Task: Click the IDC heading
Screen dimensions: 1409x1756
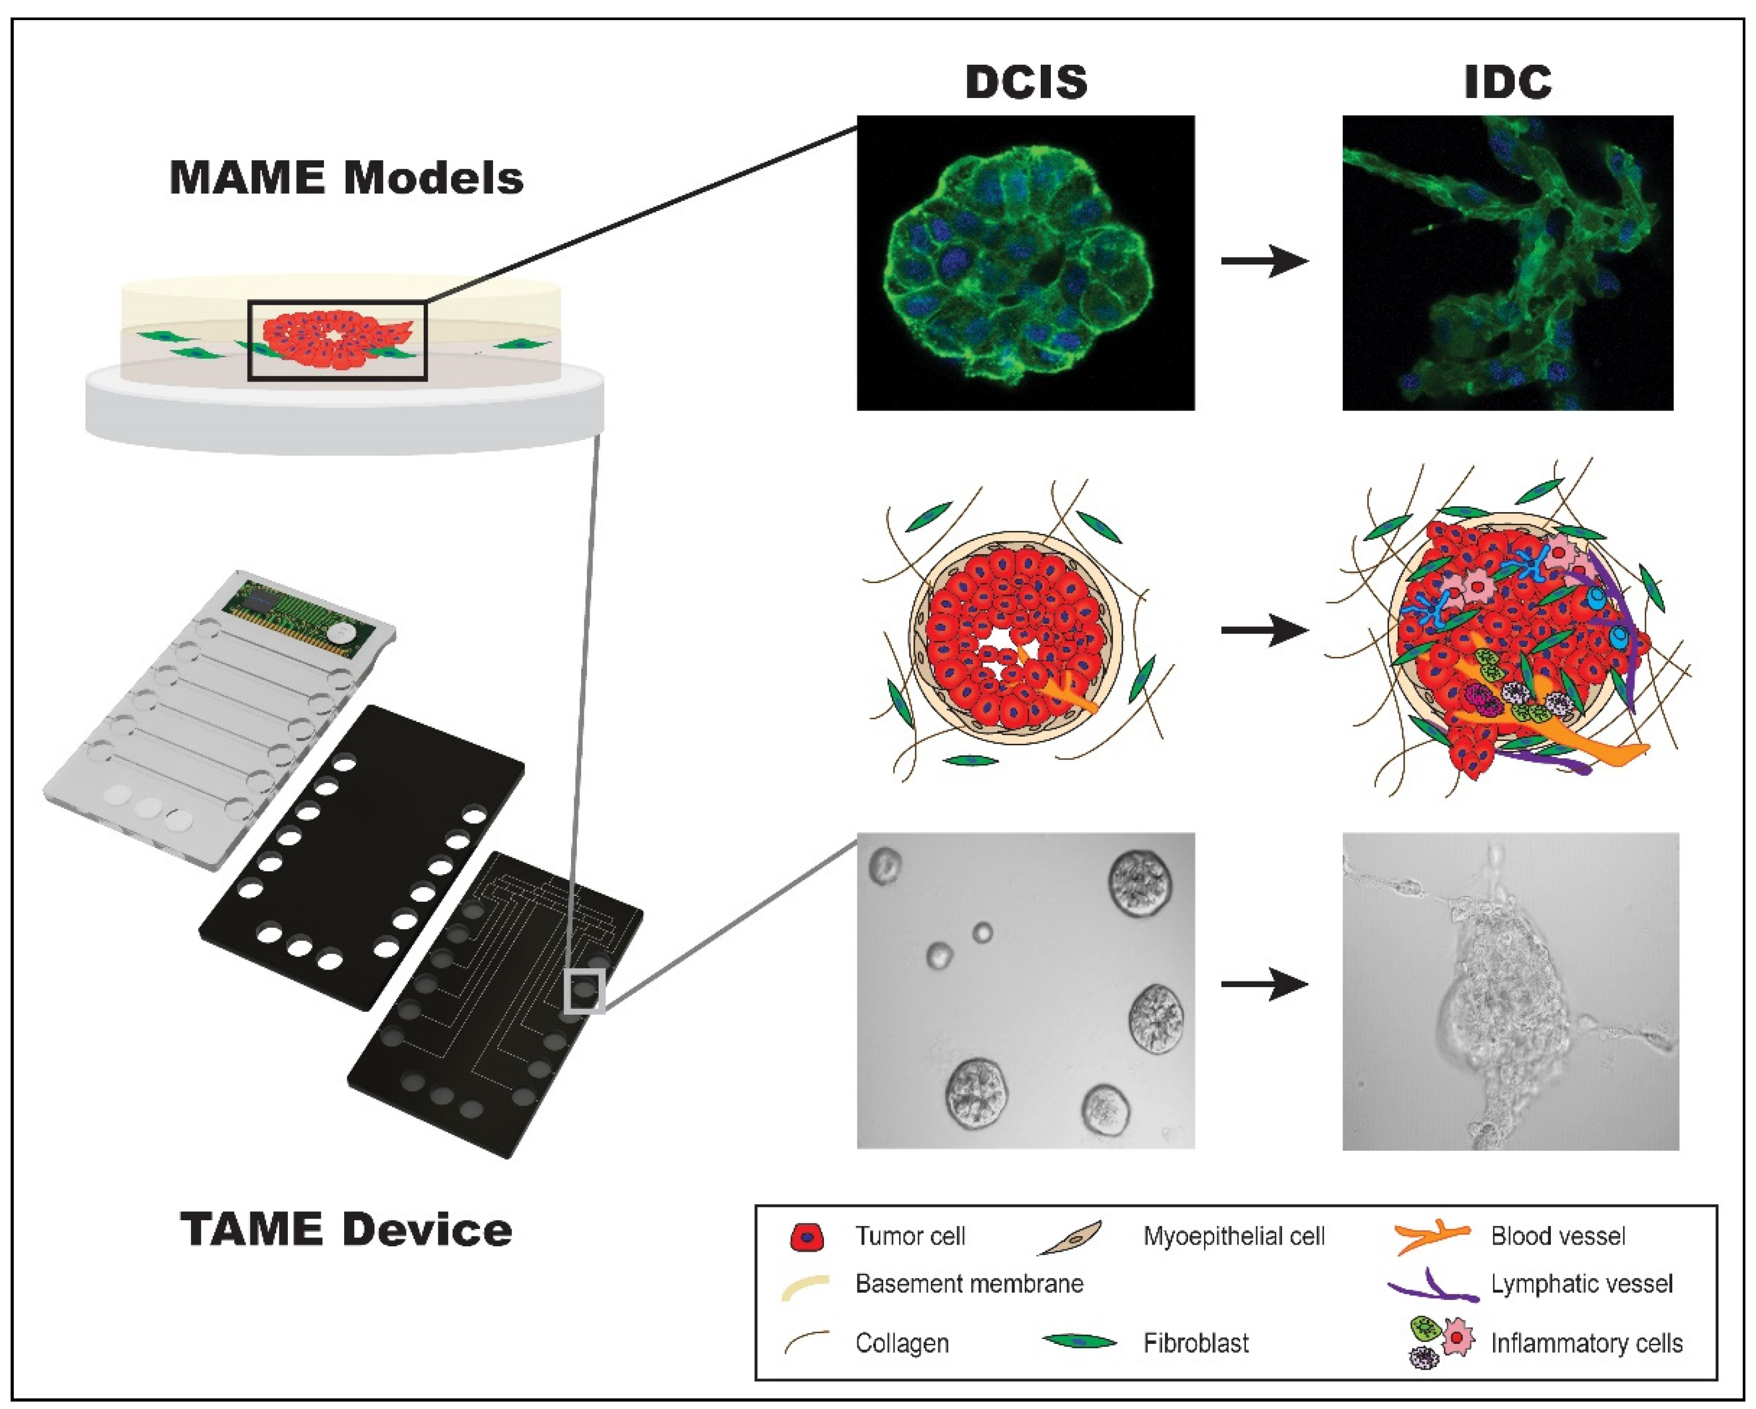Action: (x=1507, y=82)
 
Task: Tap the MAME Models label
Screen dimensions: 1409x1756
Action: (x=346, y=178)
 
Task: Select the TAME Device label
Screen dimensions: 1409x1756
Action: (x=346, y=1230)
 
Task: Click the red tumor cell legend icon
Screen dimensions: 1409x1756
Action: (x=806, y=1236)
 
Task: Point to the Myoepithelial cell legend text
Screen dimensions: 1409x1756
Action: (x=1233, y=1236)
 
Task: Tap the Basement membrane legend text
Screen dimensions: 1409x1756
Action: (x=969, y=1284)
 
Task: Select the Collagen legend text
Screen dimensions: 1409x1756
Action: (x=902, y=1343)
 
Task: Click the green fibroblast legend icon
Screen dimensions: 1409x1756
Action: (x=1079, y=1341)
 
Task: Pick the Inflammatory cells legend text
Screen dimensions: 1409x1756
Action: (x=1586, y=1343)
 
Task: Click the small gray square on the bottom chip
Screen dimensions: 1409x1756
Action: (x=584, y=991)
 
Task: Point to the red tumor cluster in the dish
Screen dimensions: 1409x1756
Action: (x=334, y=338)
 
